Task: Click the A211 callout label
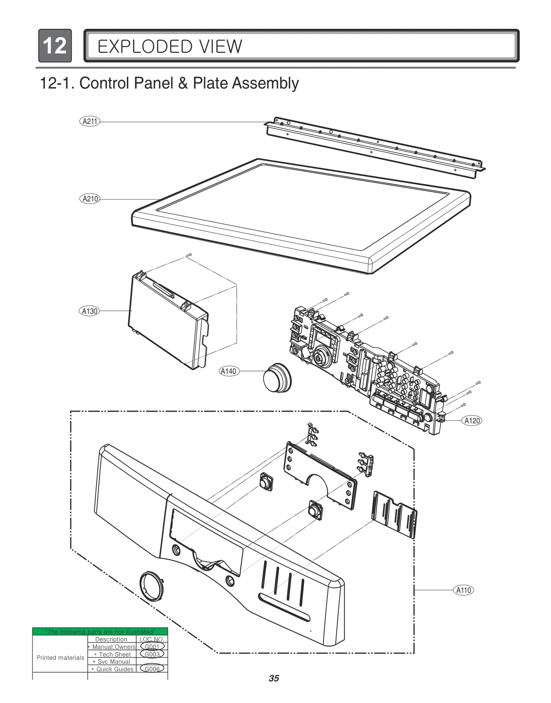90,121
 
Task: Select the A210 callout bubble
90,199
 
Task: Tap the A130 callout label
89,311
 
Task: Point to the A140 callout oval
229,371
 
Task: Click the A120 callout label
472,421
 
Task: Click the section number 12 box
55,45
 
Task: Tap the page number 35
274,678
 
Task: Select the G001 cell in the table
152,647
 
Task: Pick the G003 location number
152,654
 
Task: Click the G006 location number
152,669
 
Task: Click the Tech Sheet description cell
113,654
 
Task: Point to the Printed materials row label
60,658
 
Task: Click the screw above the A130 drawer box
188,255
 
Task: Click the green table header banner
100,631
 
